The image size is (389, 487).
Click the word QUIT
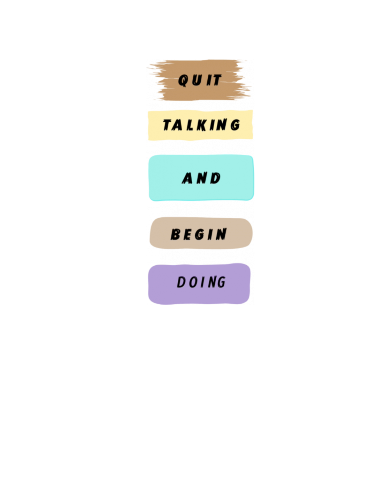coord(200,80)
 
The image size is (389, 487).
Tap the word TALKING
coord(201,125)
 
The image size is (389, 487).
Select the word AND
coord(201,178)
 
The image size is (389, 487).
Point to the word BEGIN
coord(199,234)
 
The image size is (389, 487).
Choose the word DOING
coord(201,282)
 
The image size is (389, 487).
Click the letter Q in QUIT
coord(183,81)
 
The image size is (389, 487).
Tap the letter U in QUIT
coord(197,80)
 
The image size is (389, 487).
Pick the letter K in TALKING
coord(202,125)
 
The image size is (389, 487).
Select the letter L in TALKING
coord(190,125)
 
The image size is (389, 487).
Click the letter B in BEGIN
coord(175,234)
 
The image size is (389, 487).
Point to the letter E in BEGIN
coord(188,234)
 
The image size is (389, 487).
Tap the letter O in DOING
coord(193,282)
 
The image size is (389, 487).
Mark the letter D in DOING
coord(181,282)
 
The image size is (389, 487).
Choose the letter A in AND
coord(187,178)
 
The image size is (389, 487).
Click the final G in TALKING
coord(235,125)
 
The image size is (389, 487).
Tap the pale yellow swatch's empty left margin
coord(155,125)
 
